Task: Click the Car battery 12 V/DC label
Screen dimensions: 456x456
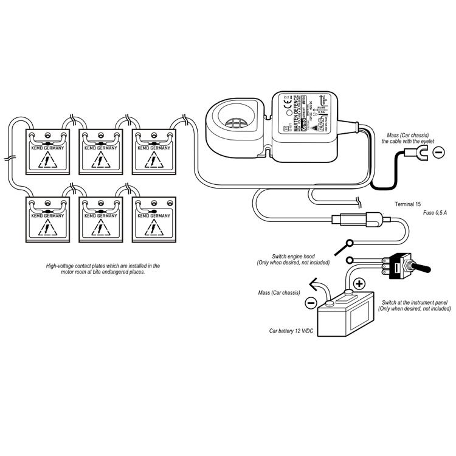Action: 291,332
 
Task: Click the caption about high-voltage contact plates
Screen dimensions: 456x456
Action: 103,269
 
